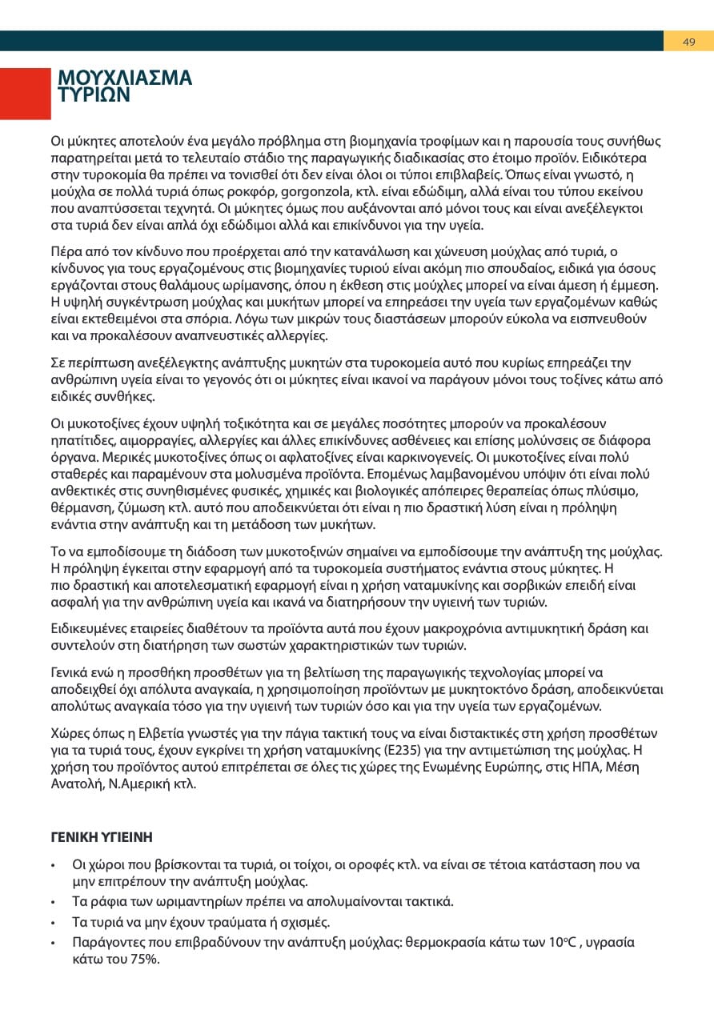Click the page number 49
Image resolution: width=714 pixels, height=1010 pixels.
click(x=688, y=42)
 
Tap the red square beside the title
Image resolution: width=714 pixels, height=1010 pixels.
click(x=25, y=94)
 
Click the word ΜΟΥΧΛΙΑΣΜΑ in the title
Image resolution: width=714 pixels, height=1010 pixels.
click(x=125, y=78)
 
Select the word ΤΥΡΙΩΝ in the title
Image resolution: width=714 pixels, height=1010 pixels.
click(x=94, y=94)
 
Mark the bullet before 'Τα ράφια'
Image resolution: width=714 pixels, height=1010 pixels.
click(x=53, y=902)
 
